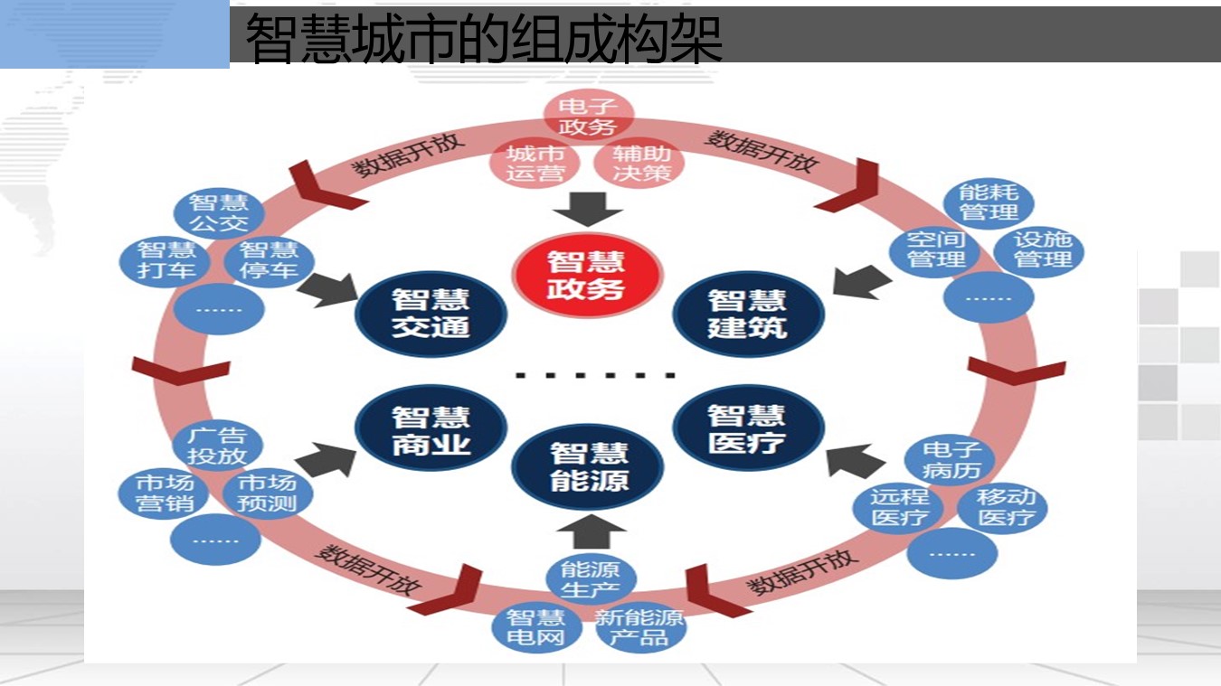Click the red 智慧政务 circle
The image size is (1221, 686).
[587, 275]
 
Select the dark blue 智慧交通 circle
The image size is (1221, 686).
[431, 313]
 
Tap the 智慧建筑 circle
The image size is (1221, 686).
[748, 313]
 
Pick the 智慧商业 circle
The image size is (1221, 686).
[431, 430]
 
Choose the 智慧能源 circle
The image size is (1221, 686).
[588, 465]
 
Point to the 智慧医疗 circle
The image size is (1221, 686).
[748, 428]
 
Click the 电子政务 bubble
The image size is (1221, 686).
[588, 117]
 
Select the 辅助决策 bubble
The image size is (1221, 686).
[640, 164]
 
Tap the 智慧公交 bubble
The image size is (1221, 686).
[218, 212]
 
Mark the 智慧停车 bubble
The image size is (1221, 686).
[270, 260]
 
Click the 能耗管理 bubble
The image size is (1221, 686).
[989, 202]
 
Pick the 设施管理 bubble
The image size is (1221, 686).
[1039, 250]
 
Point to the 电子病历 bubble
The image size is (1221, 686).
[951, 459]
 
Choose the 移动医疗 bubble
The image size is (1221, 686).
[1004, 507]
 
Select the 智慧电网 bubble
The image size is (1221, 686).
[535, 627]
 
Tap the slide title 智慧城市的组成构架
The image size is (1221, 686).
[484, 37]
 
